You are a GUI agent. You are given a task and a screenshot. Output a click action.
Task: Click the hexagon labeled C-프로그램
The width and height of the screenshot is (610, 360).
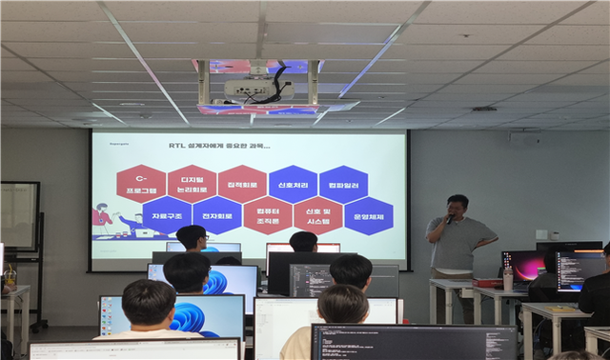140,183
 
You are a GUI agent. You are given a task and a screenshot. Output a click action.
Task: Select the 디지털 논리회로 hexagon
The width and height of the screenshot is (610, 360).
192,183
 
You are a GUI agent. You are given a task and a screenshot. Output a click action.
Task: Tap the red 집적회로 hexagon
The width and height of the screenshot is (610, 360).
242,183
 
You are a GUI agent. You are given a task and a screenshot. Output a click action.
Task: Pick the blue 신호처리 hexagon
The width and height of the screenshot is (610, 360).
293,183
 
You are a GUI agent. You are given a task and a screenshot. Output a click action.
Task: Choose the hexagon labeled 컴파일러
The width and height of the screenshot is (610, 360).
343,183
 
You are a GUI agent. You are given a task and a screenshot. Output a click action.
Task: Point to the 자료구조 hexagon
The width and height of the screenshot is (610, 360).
166,215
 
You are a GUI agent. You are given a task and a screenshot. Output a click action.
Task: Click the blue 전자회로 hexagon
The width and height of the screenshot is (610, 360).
217,215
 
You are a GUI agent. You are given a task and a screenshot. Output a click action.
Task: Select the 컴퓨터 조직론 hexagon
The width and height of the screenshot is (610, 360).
268,216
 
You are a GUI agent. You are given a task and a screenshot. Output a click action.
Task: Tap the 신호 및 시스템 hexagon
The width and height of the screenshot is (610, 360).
318,216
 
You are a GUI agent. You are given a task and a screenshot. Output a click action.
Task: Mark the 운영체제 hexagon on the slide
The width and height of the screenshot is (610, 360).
368,215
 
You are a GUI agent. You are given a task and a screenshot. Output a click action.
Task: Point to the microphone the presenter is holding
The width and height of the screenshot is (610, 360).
450,217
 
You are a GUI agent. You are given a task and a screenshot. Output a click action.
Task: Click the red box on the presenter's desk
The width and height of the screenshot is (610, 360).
489,283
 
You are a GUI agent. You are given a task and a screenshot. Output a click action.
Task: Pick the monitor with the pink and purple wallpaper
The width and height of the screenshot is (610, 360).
523,266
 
